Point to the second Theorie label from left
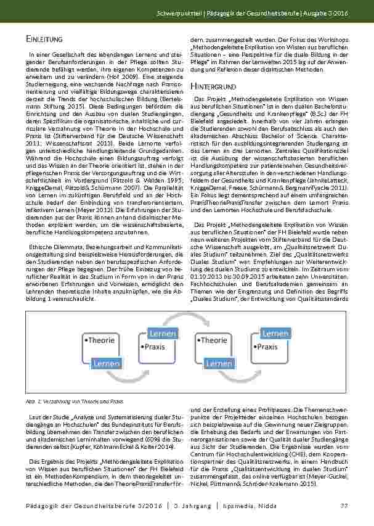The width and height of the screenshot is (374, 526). click(x=211, y=339)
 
